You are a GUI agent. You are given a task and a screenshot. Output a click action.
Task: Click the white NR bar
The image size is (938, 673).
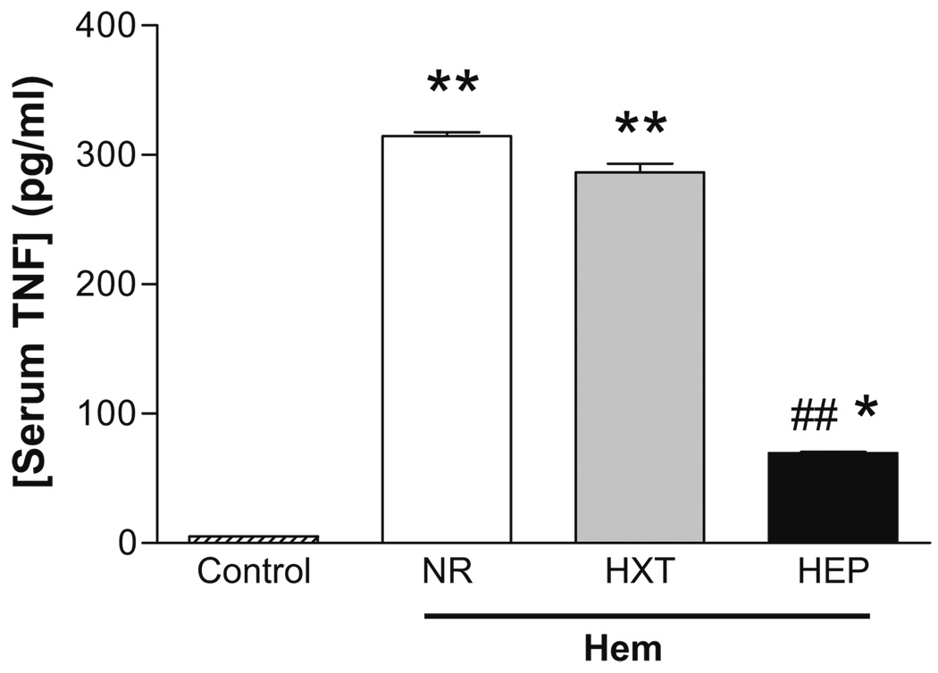coord(446,339)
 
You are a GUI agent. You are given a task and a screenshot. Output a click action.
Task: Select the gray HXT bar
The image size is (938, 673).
coord(640,357)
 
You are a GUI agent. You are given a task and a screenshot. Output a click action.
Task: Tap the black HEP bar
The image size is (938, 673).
coord(832,497)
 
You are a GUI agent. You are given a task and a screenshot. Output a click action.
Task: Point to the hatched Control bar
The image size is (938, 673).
coord(253,539)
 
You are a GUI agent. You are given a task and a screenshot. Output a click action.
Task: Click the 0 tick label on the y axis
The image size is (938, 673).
coord(124,543)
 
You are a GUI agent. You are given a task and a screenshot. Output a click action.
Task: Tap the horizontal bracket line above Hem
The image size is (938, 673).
coord(646,615)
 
